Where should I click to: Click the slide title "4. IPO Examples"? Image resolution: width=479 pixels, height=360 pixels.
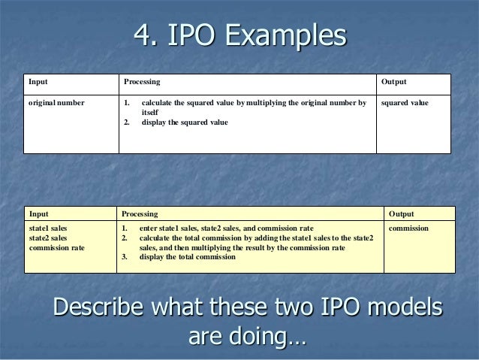(239, 36)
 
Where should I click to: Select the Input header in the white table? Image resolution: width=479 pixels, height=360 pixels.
(37, 82)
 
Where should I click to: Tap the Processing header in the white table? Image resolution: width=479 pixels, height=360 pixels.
(142, 82)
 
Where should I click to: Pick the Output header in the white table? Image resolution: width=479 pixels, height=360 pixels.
(394, 82)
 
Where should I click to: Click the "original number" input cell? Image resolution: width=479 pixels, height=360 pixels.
(56, 102)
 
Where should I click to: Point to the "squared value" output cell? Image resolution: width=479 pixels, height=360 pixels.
(405, 102)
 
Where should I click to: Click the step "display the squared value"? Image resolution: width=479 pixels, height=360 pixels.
(185, 123)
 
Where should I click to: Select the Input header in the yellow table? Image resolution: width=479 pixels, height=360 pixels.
(38, 214)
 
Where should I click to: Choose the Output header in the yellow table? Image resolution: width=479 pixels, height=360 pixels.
(402, 214)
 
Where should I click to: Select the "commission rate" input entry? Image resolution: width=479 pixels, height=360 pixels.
(56, 247)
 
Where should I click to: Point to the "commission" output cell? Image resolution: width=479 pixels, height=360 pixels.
(408, 228)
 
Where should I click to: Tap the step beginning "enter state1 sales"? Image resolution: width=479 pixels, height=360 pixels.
(226, 228)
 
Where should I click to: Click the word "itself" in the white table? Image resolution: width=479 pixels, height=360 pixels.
(150, 113)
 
